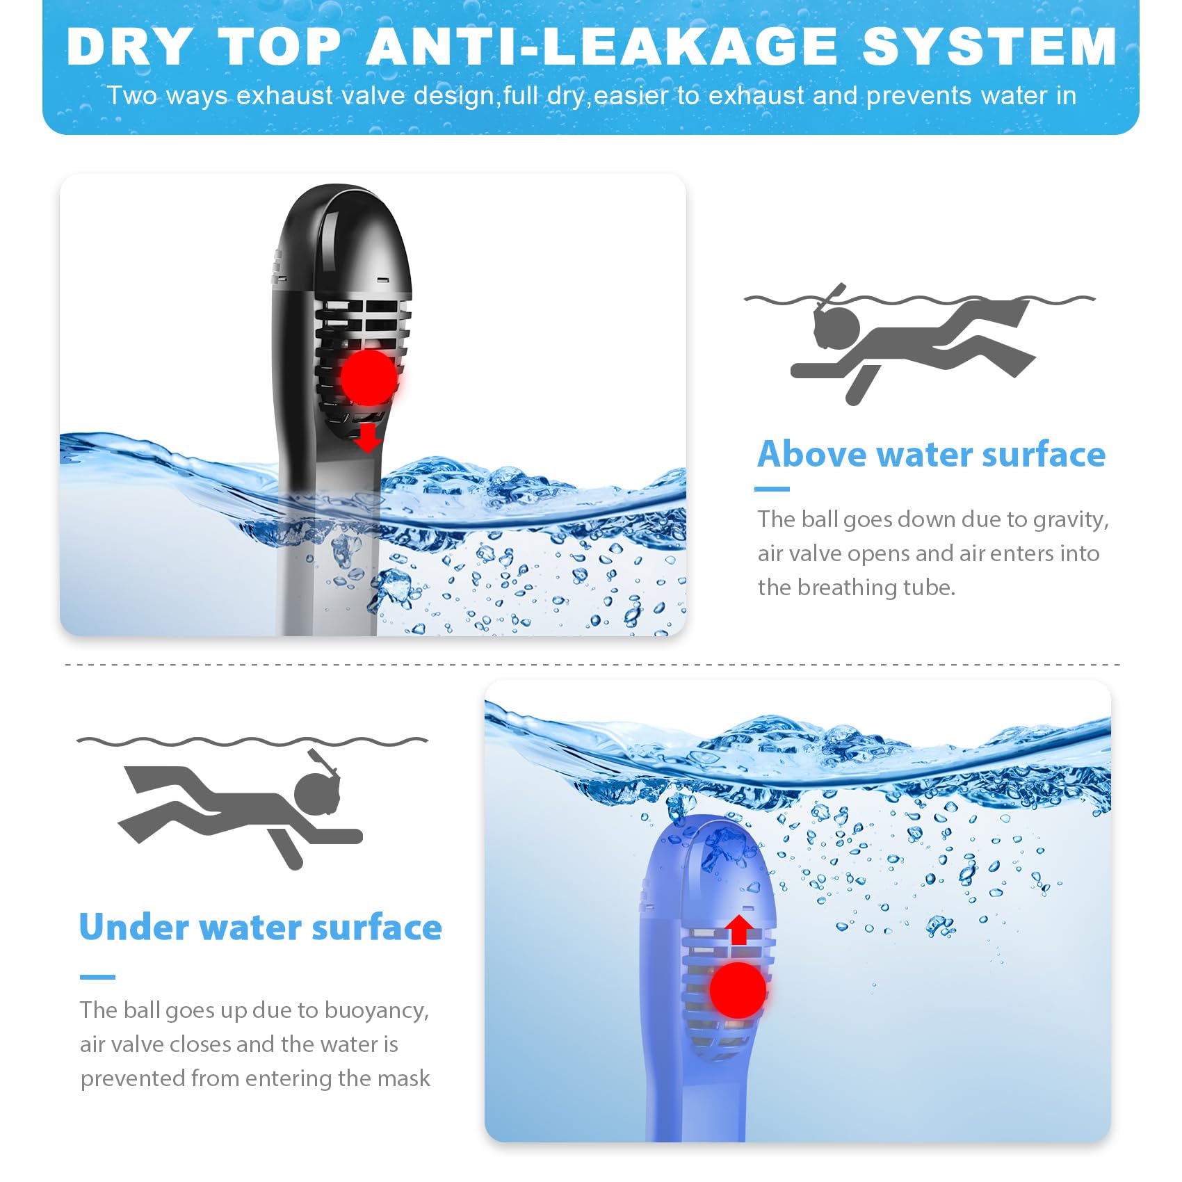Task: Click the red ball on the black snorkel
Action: click(369, 377)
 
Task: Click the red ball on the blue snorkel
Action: click(738, 990)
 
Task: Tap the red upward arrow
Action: click(739, 930)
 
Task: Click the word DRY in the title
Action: click(129, 47)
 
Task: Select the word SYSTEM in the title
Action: click(989, 47)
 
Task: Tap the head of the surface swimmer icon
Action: click(837, 327)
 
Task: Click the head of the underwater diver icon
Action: click(318, 793)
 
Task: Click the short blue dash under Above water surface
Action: click(772, 489)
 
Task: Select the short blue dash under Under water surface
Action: click(97, 977)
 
